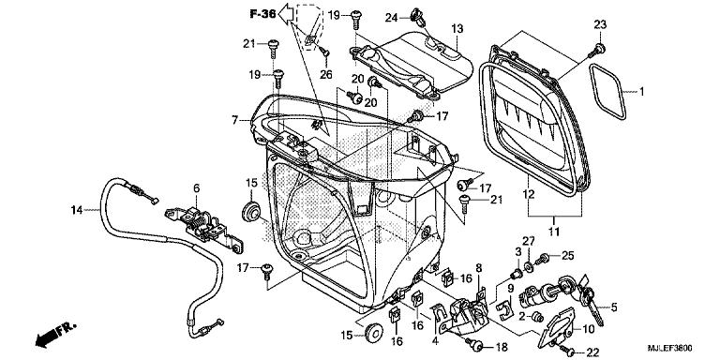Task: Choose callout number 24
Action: coord(391,14)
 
